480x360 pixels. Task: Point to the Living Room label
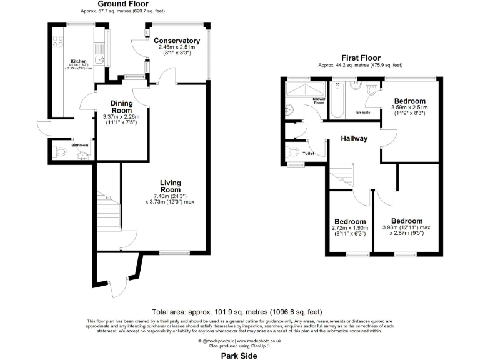coord(170,186)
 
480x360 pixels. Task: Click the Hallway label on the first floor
coord(354,138)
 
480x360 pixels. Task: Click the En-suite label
coord(363,112)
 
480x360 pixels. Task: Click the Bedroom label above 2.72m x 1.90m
coord(349,222)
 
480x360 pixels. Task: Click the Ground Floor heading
coord(114,4)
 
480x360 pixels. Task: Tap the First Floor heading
coord(360,57)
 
